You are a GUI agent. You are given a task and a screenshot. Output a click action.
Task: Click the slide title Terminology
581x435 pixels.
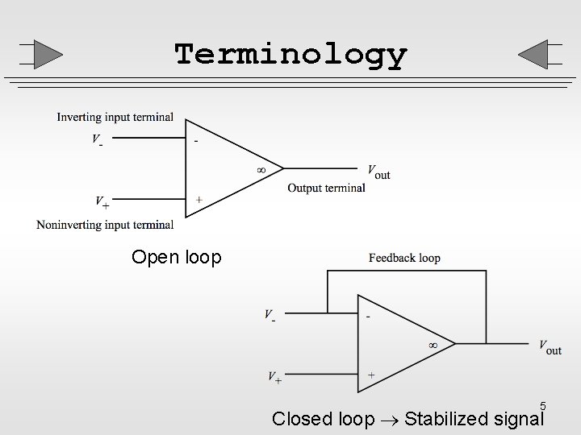pos(290,55)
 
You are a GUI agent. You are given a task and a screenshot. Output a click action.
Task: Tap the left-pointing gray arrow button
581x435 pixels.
pos(536,54)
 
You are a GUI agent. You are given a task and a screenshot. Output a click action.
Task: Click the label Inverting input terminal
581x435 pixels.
pos(115,118)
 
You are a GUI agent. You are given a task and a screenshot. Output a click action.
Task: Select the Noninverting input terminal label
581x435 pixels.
pos(105,225)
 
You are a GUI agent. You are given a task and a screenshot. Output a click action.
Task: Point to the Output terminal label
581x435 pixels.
pos(326,188)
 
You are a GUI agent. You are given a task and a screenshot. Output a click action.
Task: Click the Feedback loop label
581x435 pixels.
pos(404,259)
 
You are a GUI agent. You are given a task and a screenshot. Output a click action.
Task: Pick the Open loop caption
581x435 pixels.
pos(176,258)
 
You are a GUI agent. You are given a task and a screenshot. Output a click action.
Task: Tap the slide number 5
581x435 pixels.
pos(543,406)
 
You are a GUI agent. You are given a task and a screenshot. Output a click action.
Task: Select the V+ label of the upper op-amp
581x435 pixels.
pos(102,201)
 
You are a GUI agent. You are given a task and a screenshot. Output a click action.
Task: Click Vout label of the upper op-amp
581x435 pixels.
pos(378,171)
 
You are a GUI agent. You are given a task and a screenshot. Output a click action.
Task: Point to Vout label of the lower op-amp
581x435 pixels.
pos(550,346)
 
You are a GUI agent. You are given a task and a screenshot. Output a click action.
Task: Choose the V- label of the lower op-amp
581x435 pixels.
pos(270,316)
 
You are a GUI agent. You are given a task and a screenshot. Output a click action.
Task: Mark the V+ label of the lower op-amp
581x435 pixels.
pos(274,376)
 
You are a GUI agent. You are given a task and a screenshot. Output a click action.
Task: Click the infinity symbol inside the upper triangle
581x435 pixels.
pos(260,170)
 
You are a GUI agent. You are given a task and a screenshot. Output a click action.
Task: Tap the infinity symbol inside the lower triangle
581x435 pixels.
pos(433,345)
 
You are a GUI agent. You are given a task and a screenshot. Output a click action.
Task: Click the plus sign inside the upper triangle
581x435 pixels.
pos(199,200)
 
